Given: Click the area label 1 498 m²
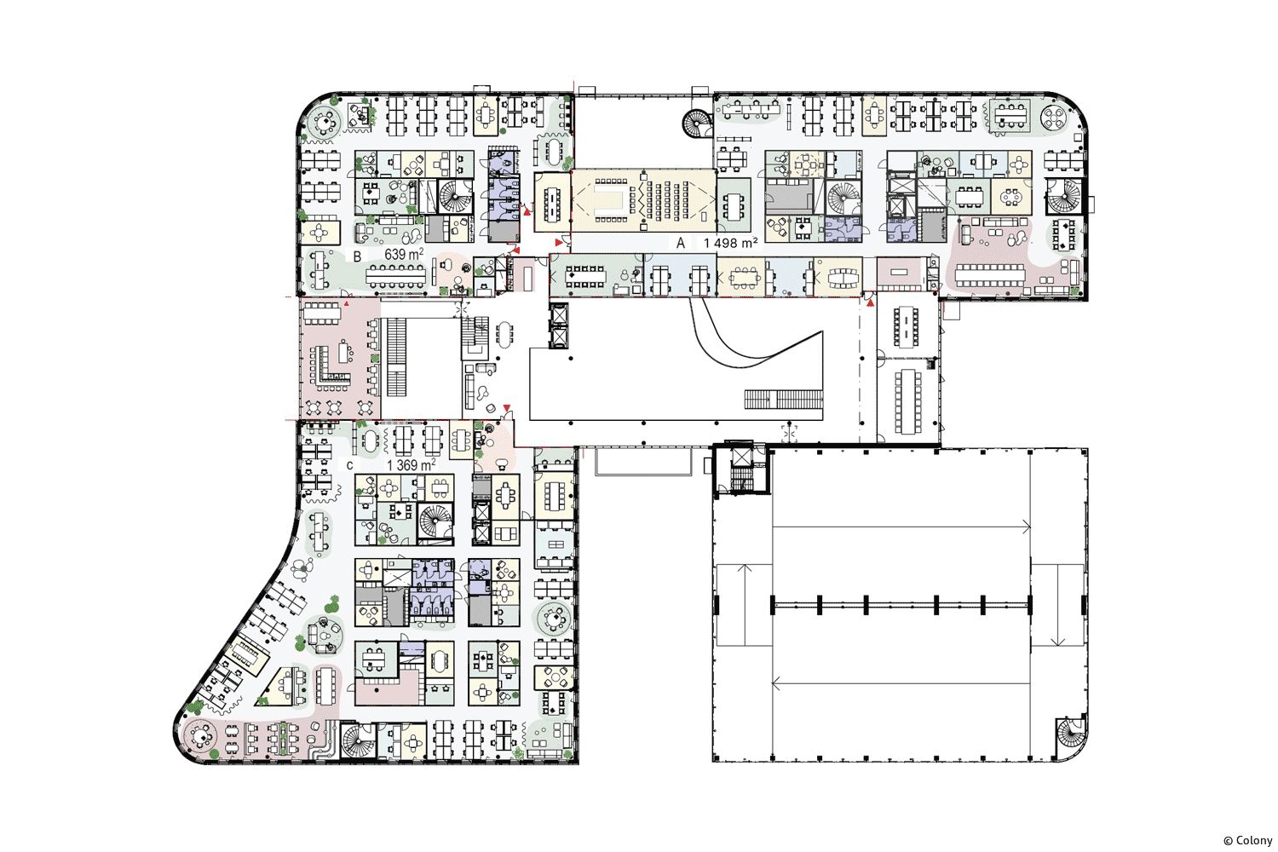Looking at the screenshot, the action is click(729, 243).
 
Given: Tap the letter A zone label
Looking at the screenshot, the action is click(680, 243).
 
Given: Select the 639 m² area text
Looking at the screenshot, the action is click(403, 254).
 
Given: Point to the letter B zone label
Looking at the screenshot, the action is click(357, 256).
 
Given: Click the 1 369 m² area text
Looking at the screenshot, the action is click(411, 465).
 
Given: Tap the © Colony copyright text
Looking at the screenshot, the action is click(1248, 841).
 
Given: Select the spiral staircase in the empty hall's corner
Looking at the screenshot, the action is click(1070, 737).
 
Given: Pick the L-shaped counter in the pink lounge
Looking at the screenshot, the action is click(331, 368).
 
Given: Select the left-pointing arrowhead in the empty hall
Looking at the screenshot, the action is click(776, 683).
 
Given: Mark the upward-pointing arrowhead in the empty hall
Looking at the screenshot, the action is click(744, 567).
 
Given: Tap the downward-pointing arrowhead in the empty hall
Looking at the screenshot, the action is click(1058, 642).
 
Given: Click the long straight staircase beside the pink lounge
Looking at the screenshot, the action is click(396, 358).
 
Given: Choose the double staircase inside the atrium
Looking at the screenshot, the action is click(783, 399).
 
